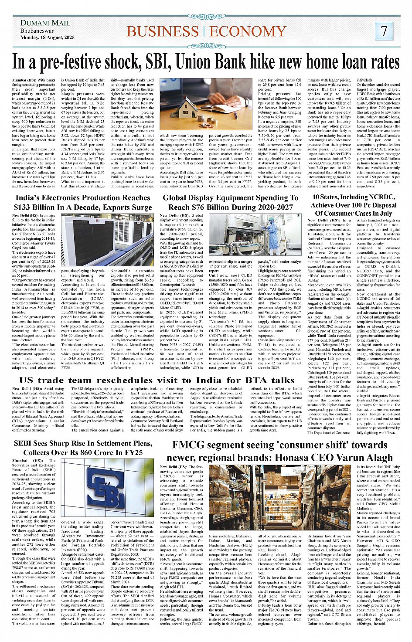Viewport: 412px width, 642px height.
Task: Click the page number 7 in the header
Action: pyautogui.click(x=384, y=31)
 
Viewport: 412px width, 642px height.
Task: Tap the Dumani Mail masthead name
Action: pyautogui.click(x=45, y=23)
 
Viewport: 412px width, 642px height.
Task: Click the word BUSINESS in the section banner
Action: pyautogui.click(x=163, y=31)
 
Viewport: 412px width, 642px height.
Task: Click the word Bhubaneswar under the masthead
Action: pyautogui.click(x=37, y=31)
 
